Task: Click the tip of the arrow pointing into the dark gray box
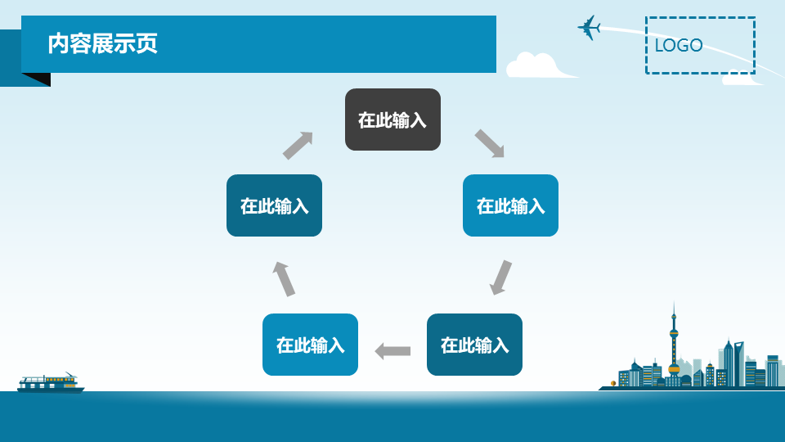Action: point(312,133)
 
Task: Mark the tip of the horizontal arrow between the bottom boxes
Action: point(375,351)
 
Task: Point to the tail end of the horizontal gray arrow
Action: point(410,351)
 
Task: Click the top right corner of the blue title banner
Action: point(496,16)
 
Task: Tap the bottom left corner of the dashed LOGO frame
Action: point(646,74)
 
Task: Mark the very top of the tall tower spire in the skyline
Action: point(674,301)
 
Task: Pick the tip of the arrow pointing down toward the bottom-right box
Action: point(495,295)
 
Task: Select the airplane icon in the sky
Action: point(590,28)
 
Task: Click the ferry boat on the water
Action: point(51,383)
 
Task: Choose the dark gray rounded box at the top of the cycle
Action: point(393,120)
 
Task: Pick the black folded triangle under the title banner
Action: point(36,79)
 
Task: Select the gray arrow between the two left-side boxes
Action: point(284,278)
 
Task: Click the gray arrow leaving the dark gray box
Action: point(490,143)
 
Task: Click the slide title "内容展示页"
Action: point(103,43)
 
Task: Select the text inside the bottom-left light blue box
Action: point(311,345)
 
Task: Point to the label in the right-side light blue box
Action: point(510,206)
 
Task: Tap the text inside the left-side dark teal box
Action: point(275,206)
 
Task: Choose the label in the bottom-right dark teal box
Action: point(474,345)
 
